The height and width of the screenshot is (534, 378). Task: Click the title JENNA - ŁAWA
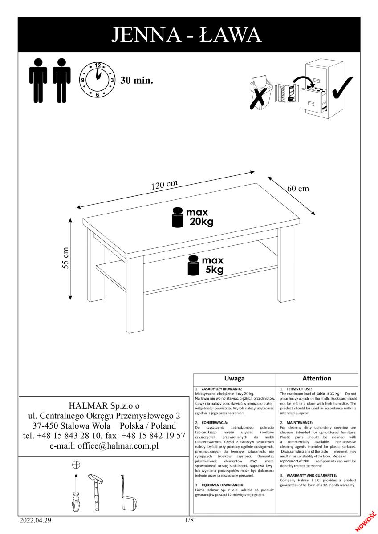point(189,34)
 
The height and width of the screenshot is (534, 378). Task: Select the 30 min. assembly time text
point(137,81)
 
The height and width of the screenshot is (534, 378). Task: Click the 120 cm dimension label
point(164,185)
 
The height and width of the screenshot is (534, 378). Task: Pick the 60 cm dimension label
point(297,188)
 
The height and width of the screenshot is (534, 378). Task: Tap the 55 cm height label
point(65,258)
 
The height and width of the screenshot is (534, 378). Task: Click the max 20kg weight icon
point(178,218)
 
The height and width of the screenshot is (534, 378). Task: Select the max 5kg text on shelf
point(212,265)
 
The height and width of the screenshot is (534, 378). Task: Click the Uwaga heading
point(235,378)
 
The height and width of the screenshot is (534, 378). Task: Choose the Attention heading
point(317,378)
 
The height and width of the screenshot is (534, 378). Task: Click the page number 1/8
point(189,520)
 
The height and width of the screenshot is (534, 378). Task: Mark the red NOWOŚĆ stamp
point(367,521)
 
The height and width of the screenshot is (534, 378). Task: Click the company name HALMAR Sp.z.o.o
point(104,405)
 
